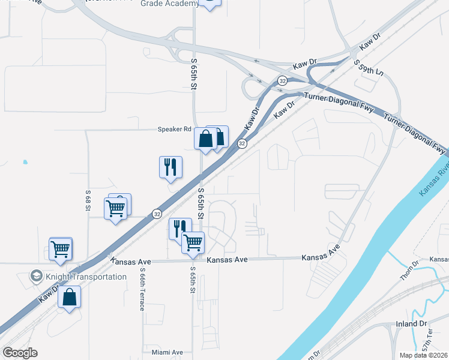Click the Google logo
(x=20, y=353)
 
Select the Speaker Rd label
(x=174, y=129)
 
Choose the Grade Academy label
(x=169, y=4)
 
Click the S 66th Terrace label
(x=142, y=289)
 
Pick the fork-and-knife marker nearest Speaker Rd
(x=170, y=167)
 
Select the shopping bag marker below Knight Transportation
(x=70, y=297)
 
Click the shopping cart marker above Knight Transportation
(x=61, y=249)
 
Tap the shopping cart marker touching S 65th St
(x=193, y=243)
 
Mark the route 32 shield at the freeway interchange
(x=282, y=80)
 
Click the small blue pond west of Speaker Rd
(x=25, y=162)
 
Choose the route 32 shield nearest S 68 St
(x=157, y=213)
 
